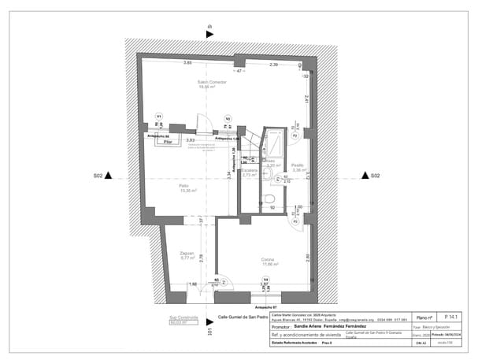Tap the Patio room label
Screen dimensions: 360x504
pyautogui.click(x=183, y=187)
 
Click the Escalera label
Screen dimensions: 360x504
pyautogui.click(x=250, y=172)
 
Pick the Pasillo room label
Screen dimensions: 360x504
pyautogui.click(x=298, y=166)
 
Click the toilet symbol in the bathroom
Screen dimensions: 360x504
pyautogui.click(x=269, y=199)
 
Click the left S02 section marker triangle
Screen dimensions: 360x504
pyautogui.click(x=109, y=175)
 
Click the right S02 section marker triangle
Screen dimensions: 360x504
pyautogui.click(x=366, y=175)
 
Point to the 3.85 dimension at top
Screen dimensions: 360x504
pyautogui.click(x=188, y=62)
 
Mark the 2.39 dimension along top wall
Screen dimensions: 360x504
pyautogui.click(x=273, y=64)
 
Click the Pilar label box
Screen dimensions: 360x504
pyautogui.click(x=168, y=143)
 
